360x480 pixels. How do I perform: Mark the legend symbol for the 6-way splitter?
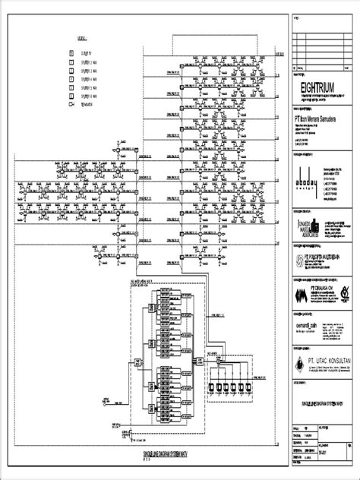71,96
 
